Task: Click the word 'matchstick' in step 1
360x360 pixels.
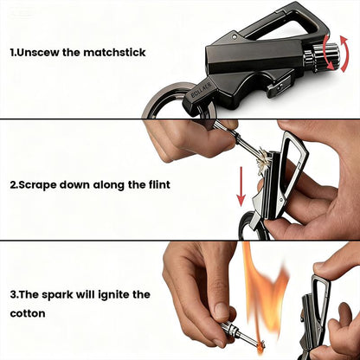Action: (115, 53)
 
